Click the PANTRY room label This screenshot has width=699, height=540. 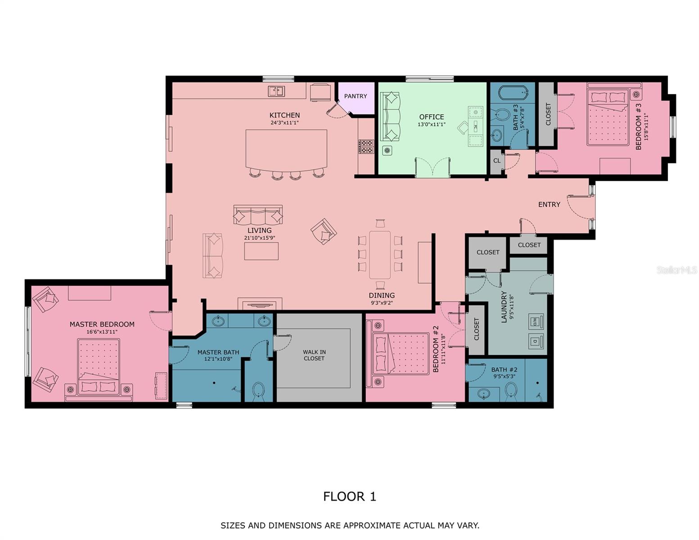coord(355,96)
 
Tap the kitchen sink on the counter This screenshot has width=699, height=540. coord(276,91)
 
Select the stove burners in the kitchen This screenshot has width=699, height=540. coord(366,146)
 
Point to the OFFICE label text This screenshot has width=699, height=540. coord(431,117)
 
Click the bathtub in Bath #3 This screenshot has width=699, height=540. coord(514,93)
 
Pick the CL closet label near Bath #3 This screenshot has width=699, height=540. coord(496,161)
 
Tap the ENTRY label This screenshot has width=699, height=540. coord(549,205)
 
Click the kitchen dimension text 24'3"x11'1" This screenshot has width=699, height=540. coord(284,122)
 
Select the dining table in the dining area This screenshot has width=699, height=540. coord(380,255)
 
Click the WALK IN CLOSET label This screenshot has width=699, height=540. coord(314,355)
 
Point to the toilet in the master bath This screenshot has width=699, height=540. coord(258,392)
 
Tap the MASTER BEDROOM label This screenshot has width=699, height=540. coord(102,324)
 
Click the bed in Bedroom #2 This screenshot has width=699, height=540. coord(401,354)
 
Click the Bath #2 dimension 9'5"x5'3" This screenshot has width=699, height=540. coord(504,376)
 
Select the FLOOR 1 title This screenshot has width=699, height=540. coord(349,497)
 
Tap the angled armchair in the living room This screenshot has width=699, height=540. coord(324,232)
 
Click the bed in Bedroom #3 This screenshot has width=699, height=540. coord(608,117)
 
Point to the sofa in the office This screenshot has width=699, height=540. coord(390,117)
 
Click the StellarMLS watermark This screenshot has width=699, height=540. coord(677,270)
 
